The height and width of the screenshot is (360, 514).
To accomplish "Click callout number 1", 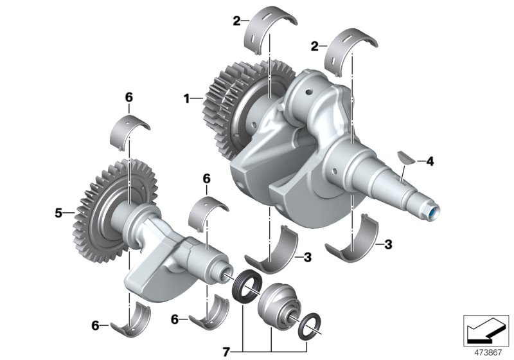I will pos(187,98).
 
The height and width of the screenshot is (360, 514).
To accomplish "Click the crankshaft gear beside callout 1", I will pos(225,109).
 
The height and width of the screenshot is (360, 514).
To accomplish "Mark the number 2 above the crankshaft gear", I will pos(237,21).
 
